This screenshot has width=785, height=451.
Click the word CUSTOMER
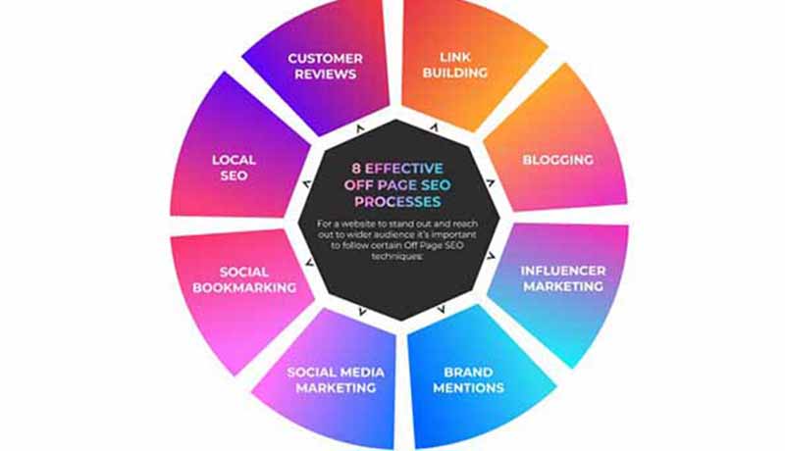point(325,58)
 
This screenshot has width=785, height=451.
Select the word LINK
point(455,58)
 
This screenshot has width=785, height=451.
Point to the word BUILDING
point(455,75)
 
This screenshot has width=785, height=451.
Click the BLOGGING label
point(557,160)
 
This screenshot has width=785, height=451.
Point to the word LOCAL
point(234,160)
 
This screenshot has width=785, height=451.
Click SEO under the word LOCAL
point(234,176)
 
